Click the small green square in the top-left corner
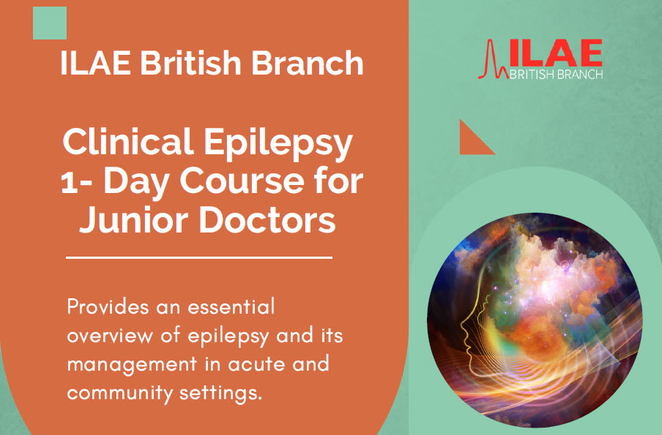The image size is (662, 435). pyautogui.click(x=50, y=23)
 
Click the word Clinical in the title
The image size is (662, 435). pyautogui.click(x=128, y=142)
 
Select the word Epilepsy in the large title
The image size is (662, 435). pyautogui.click(x=278, y=144)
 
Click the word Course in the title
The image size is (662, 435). pyautogui.click(x=242, y=181)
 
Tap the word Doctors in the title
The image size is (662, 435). pyautogui.click(x=267, y=219)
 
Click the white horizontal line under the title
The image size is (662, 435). pyautogui.click(x=199, y=257)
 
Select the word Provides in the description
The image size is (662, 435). pyautogui.click(x=108, y=307)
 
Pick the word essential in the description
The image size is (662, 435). pyautogui.click(x=231, y=306)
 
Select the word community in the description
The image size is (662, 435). pyautogui.click(x=120, y=393)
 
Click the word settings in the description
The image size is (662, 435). pyautogui.click(x=221, y=393)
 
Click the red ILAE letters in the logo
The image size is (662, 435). pyautogui.click(x=556, y=53)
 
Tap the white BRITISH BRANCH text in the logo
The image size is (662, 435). pyautogui.click(x=557, y=75)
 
